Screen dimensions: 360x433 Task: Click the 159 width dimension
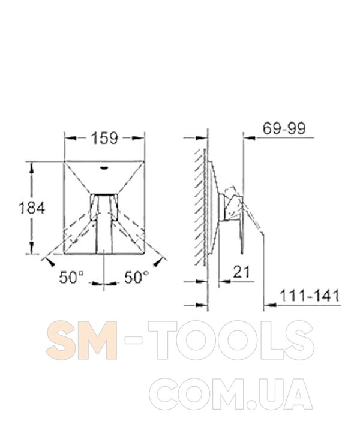tap(105, 138)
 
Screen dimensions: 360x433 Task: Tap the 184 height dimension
tap(32, 208)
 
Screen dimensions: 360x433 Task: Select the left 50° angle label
tap(71, 278)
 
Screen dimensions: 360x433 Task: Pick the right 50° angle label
tap(136, 277)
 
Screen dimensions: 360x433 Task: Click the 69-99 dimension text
tap(284, 128)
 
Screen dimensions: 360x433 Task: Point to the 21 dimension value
tap(241, 272)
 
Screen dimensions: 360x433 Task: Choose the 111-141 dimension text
tap(310, 296)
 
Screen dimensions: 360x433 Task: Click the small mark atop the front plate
tap(104, 167)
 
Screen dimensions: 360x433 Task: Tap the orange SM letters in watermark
tap(82, 340)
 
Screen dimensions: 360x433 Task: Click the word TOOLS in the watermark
tap(231, 340)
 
